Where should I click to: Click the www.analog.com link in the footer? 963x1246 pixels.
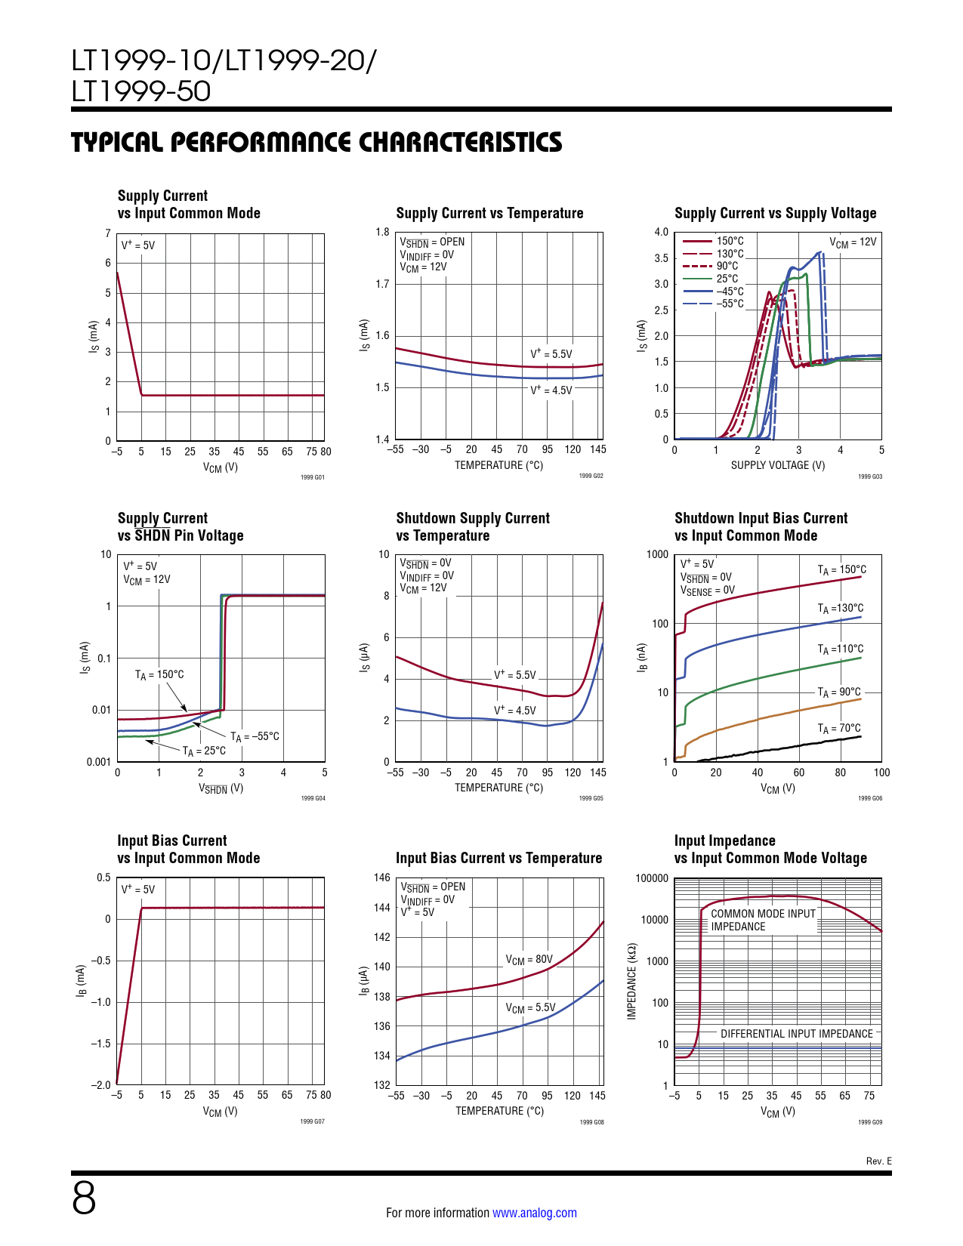pos(534,1213)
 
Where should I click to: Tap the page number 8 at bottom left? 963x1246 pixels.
pos(84,1198)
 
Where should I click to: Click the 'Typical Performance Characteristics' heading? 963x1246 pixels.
pos(316,142)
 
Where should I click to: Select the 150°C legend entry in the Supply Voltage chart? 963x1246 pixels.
pos(730,241)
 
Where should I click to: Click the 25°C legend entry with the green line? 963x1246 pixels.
pos(727,279)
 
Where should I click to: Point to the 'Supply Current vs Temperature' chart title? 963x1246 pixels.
pos(489,213)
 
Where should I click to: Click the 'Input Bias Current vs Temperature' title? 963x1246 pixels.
pos(498,858)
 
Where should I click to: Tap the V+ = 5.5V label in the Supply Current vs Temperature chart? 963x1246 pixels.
pos(551,353)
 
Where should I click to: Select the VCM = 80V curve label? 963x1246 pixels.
pos(529,959)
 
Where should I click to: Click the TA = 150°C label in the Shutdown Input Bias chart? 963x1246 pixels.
pos(841,570)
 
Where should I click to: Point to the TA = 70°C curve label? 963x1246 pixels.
pos(839,728)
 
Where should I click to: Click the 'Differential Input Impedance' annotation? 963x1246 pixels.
pos(796,1034)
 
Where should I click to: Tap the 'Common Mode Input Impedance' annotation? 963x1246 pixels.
pos(763,920)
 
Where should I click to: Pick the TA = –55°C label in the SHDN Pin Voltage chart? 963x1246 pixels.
pos(255,736)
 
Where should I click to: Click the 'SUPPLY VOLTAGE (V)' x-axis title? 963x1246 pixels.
pos(777,465)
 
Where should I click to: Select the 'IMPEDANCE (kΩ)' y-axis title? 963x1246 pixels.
pos(632,981)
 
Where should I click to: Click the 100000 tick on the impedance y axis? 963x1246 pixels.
pos(652,878)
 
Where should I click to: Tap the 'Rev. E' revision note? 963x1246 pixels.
pos(878,1161)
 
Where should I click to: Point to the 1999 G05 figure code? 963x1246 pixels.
pos(591,798)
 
